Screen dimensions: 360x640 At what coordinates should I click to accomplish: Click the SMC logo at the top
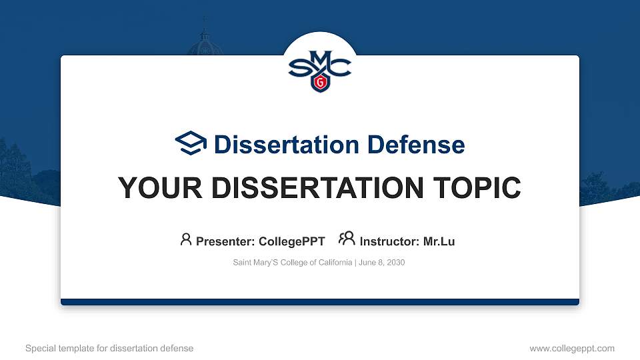pos(319,67)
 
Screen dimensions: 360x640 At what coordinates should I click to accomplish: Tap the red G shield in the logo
pos(320,83)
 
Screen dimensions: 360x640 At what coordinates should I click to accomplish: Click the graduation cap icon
pos(191,143)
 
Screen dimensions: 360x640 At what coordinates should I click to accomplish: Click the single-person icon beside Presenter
pos(186,239)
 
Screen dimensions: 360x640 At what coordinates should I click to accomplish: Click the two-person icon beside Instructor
pos(347,239)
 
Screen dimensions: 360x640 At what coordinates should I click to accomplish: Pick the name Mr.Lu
pos(439,241)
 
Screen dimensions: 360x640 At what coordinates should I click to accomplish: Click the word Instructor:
pos(389,241)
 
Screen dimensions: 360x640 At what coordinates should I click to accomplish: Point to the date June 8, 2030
pos(381,263)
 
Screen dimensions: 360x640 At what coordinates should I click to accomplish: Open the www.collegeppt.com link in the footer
pos(571,348)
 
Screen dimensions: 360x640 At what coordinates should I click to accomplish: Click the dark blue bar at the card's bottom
pos(319,302)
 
